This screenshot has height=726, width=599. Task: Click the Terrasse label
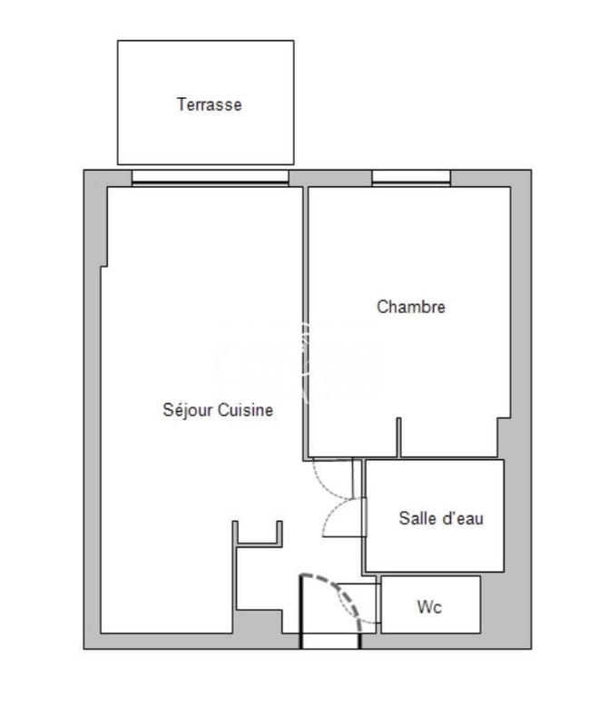(x=209, y=104)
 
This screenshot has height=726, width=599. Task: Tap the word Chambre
(x=411, y=307)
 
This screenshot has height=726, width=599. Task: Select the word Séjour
(x=187, y=410)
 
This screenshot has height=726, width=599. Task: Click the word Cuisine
(x=244, y=410)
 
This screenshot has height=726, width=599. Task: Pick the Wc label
(x=429, y=607)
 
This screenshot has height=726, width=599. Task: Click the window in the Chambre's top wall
(x=411, y=178)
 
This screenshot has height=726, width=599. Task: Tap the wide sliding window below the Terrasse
(x=210, y=178)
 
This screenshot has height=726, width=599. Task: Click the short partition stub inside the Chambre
(x=398, y=437)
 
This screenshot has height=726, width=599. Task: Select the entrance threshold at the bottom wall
(x=330, y=642)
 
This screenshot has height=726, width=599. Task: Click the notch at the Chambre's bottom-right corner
(x=503, y=437)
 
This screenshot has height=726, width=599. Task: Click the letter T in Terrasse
(x=181, y=104)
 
